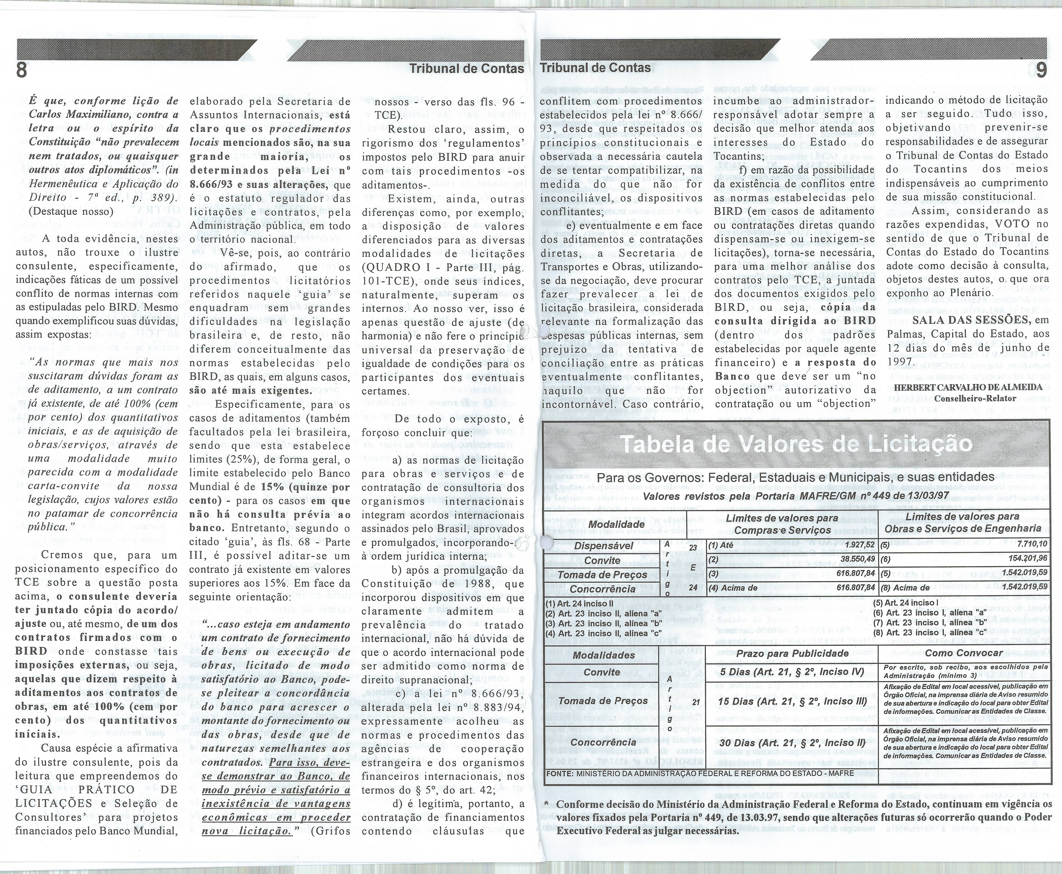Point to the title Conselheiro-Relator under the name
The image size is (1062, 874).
tap(975, 398)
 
